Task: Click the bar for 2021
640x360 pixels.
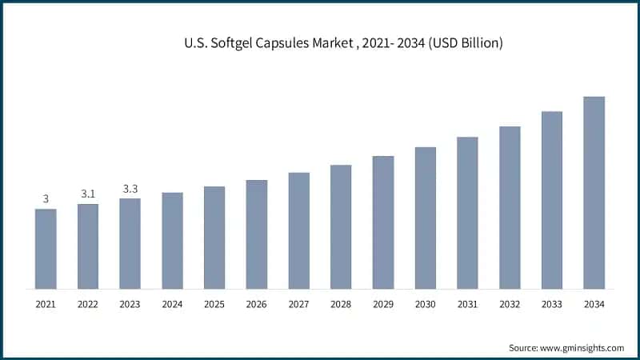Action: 46,249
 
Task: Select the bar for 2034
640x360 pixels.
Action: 594,193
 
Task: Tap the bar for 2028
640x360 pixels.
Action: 341,227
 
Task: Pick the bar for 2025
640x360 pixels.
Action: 214,238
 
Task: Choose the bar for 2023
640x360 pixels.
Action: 130,244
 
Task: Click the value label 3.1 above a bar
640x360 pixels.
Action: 88,194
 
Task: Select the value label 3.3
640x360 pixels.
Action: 130,189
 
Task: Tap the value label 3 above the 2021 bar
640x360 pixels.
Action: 46,198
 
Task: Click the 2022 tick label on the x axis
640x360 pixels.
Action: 88,305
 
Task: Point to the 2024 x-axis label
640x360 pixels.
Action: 172,305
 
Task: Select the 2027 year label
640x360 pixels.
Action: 298,305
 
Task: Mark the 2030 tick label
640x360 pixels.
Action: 425,305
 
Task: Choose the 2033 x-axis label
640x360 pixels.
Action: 551,305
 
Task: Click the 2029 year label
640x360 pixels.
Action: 382,305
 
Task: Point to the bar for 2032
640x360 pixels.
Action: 510,207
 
